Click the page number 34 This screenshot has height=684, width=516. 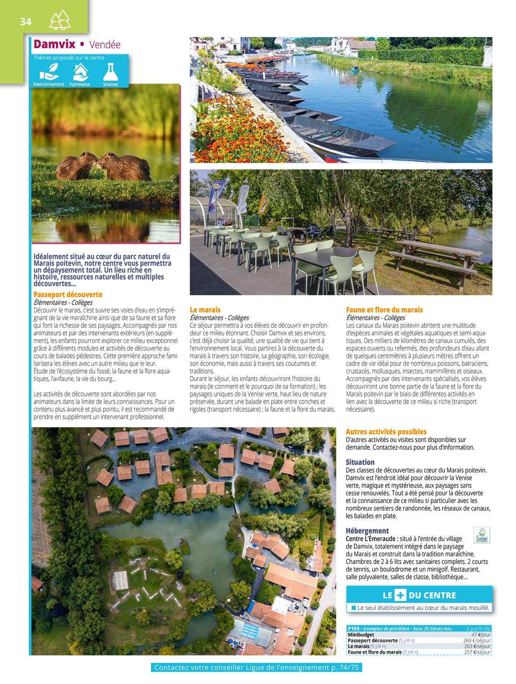tap(26, 21)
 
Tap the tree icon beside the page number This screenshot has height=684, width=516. tap(60, 20)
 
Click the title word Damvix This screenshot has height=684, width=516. tap(55, 44)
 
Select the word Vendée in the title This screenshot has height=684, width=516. tap(105, 45)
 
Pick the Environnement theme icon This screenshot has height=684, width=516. tap(49, 72)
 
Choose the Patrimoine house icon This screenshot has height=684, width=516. tap(80, 72)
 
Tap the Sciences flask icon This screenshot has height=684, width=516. tap(111, 72)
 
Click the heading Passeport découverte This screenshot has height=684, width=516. tap(68, 295)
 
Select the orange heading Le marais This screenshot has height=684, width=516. tap(205, 310)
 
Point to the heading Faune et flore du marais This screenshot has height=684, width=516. tap(384, 310)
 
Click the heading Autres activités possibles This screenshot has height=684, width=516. tap(386, 432)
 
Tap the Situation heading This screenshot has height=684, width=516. tap(360, 462)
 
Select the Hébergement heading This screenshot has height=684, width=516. tap(367, 531)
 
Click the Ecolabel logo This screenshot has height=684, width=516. tap(482, 535)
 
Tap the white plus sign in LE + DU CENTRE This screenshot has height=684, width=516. tap(400, 595)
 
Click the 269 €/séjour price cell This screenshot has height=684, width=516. tap(477, 640)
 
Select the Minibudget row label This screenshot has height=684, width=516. tap(361, 635)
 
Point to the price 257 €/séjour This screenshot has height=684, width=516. tap(477, 652)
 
